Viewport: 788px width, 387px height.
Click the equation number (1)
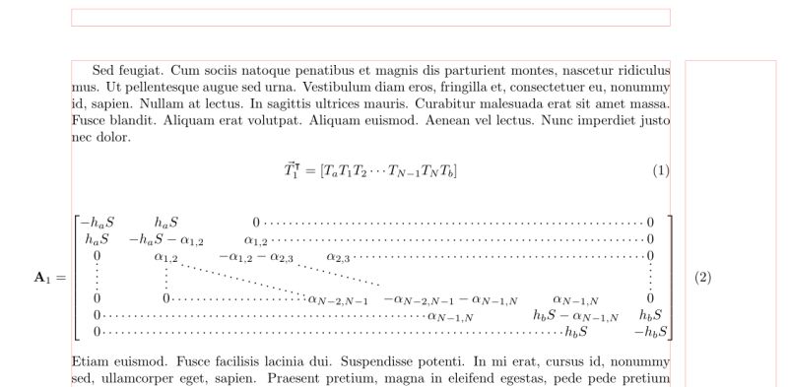pyautogui.click(x=661, y=170)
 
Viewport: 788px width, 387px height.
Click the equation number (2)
pyautogui.click(x=702, y=278)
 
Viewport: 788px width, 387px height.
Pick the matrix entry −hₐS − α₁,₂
pyautogui.click(x=166, y=239)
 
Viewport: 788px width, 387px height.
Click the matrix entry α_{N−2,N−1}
pyautogui.click(x=338, y=298)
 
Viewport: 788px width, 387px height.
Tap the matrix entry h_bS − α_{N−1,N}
pyautogui.click(x=576, y=316)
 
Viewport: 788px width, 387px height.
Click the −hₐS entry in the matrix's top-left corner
pyautogui.click(x=98, y=223)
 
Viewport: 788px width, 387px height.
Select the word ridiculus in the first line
pyautogui.click(x=639, y=70)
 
